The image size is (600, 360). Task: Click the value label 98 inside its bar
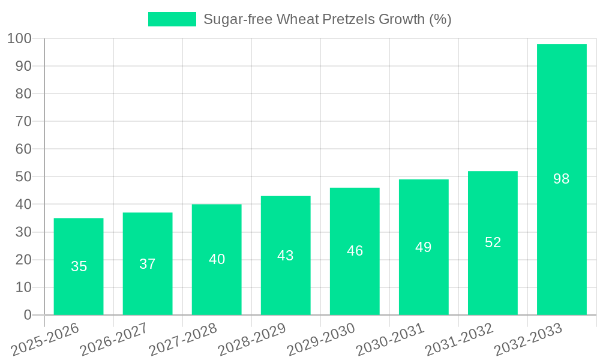pos(562,179)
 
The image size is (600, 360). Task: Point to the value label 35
pos(79,266)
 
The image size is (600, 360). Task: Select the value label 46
pos(355,251)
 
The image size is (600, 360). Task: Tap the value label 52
pos(493,242)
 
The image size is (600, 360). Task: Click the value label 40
pos(217,259)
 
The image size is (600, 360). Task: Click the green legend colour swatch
pos(172,19)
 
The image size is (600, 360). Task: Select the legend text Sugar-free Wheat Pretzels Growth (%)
pos(327,19)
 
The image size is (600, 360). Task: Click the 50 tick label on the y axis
pos(23,177)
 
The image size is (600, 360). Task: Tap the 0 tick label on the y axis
pos(27,315)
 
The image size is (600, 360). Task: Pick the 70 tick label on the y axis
pos(23,121)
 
